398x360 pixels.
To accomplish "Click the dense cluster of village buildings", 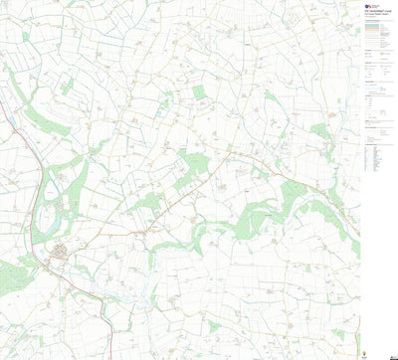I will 62,256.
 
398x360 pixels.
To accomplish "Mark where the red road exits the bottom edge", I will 106,358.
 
